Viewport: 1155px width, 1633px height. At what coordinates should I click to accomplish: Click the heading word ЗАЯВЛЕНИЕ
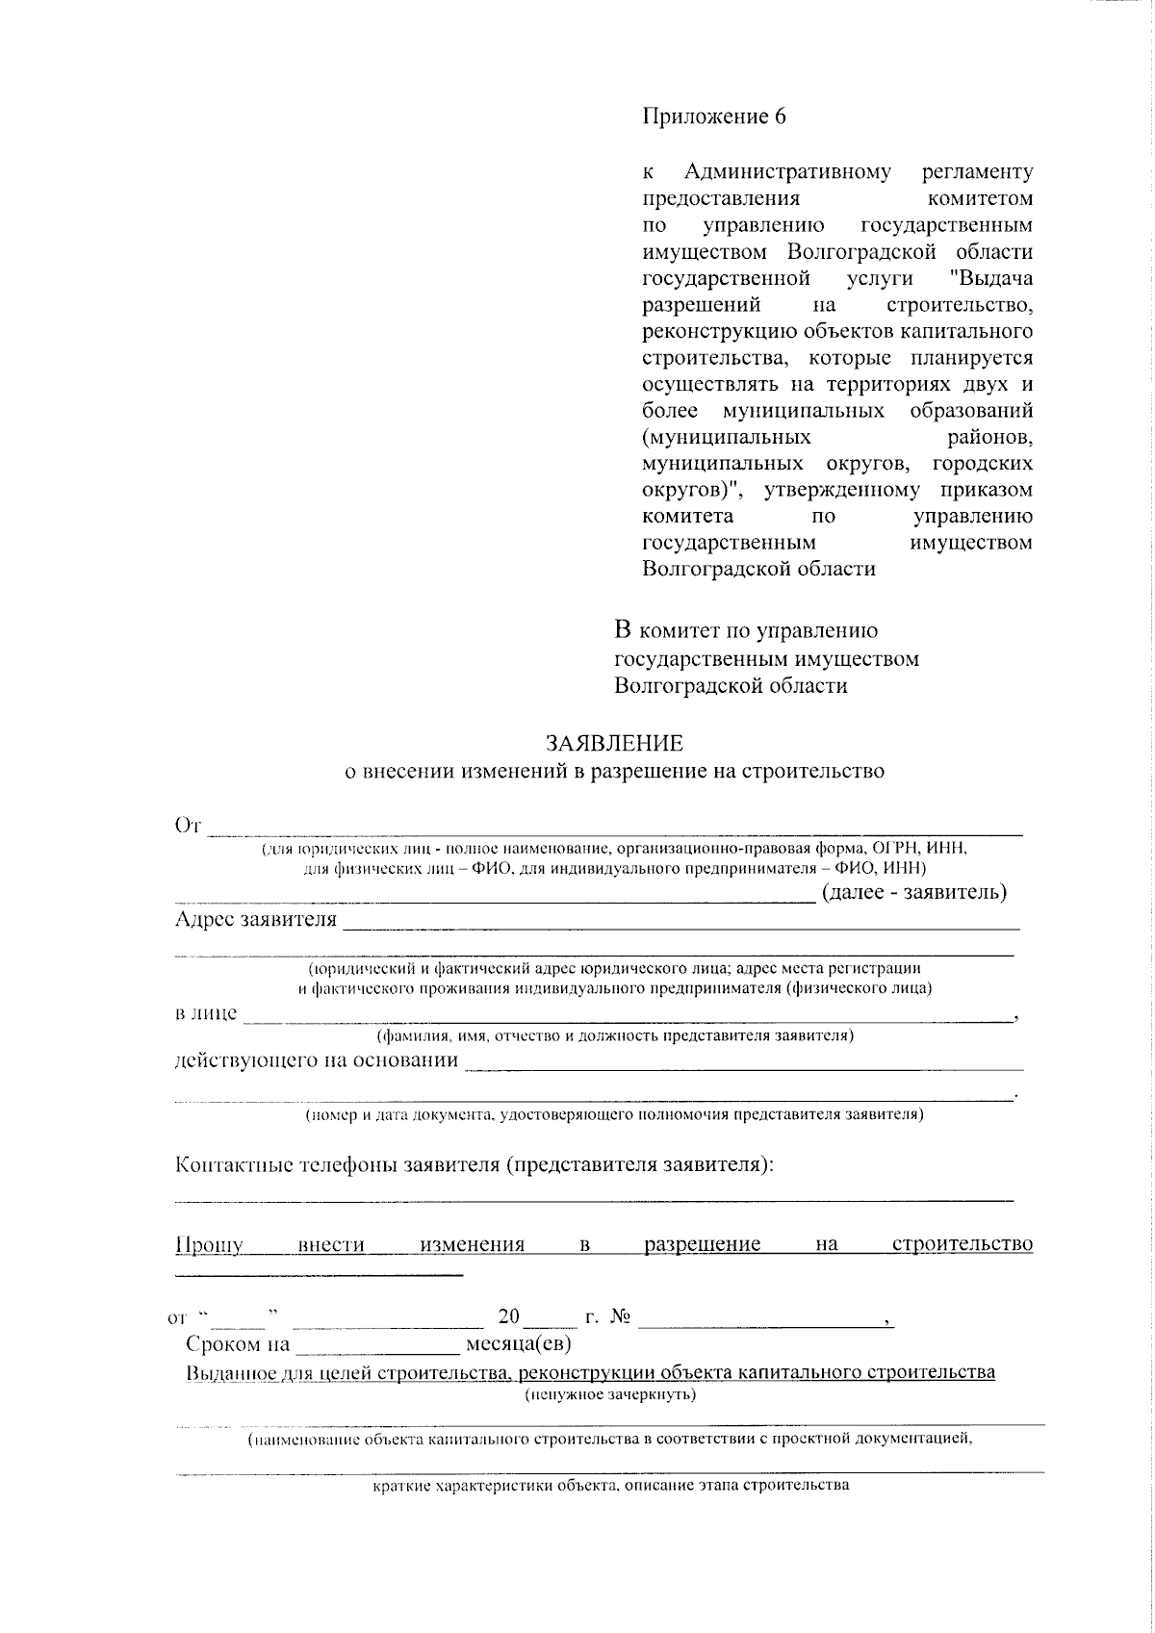coord(614,743)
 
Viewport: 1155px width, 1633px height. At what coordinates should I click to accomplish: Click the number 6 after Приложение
coord(780,117)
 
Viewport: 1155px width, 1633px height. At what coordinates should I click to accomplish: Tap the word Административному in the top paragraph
coord(787,172)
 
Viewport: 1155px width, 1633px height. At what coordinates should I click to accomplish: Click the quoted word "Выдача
coord(990,278)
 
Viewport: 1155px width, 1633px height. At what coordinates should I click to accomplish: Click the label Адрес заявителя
coord(256,919)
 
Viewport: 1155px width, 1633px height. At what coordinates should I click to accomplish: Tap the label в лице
coord(205,1013)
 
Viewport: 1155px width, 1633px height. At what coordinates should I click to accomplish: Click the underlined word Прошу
coord(209,1244)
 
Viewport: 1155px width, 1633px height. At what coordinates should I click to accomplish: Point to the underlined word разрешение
coord(702,1244)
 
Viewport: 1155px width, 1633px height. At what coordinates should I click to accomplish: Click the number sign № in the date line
coord(620,1316)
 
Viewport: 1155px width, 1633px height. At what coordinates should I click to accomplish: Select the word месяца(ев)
coord(519,1343)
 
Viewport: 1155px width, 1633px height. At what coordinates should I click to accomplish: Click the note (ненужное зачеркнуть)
coord(610,1394)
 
